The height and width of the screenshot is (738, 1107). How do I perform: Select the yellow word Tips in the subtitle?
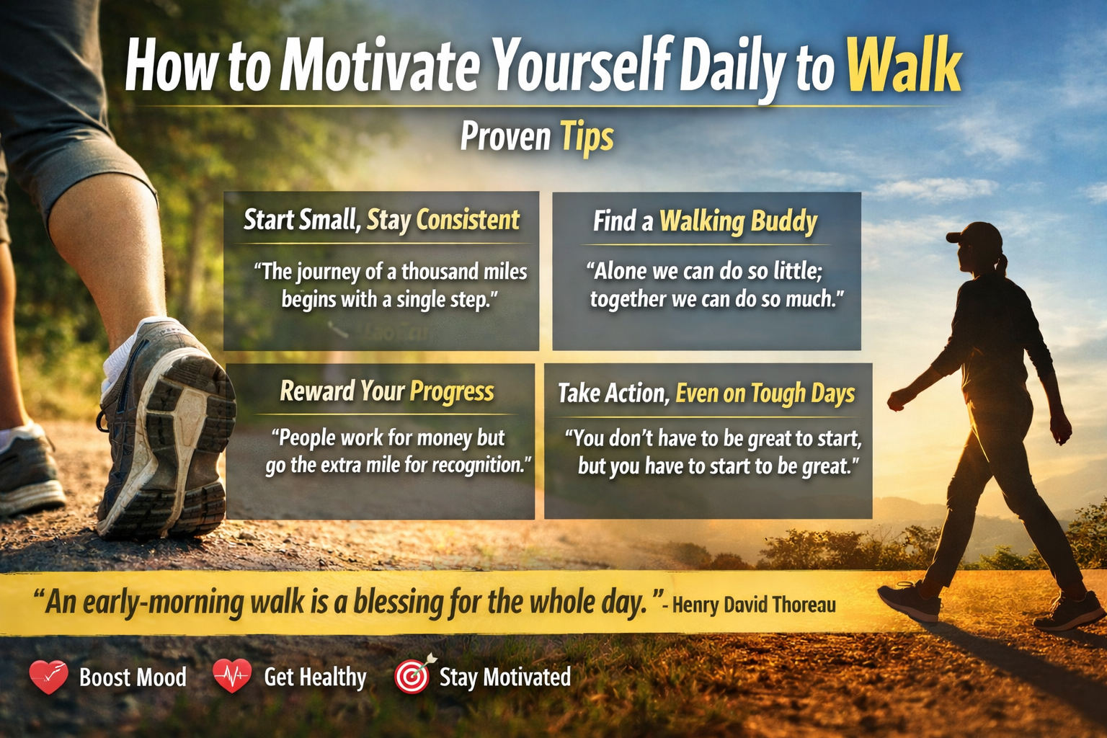tap(587, 136)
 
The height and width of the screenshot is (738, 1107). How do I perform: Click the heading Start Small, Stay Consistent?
tap(381, 220)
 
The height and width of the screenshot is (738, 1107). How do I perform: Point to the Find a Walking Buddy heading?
tap(705, 221)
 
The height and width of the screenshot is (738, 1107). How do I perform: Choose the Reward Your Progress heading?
tap(387, 391)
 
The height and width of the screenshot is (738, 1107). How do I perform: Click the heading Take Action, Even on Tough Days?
tap(706, 394)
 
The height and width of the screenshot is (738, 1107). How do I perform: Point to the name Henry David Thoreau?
tap(754, 604)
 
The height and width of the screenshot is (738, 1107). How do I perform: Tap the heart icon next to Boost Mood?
tap(48, 676)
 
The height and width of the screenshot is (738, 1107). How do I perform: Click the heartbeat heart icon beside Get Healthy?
tap(232, 676)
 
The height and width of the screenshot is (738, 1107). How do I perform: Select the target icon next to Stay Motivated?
tap(413, 675)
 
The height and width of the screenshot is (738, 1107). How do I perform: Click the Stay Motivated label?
tap(504, 677)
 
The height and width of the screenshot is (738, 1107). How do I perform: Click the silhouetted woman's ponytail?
tap(1002, 265)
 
